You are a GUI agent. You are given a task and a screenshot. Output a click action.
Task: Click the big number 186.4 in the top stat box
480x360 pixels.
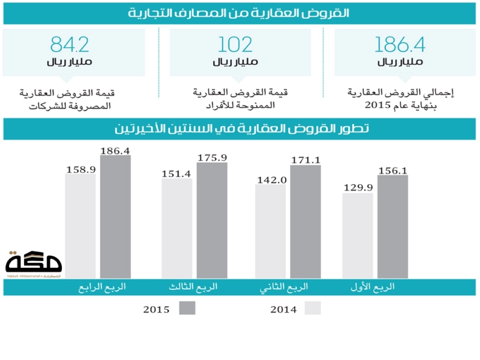[x=400, y=45]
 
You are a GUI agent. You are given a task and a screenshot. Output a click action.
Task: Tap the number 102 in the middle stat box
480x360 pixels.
[x=235, y=45]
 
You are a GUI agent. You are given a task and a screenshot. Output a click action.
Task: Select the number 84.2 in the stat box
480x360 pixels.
[x=70, y=45]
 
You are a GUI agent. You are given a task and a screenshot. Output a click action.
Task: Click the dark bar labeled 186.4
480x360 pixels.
[x=116, y=216]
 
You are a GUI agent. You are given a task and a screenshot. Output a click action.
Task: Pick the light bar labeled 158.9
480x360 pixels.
[x=80, y=226]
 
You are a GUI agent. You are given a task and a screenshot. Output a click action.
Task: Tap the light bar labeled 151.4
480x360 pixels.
[x=177, y=228]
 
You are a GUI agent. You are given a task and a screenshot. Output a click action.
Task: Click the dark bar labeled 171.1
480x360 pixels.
[x=306, y=221]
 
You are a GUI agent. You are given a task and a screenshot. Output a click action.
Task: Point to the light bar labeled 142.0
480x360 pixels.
[x=270, y=230]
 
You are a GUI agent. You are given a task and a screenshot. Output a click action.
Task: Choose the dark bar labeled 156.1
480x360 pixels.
[x=393, y=226]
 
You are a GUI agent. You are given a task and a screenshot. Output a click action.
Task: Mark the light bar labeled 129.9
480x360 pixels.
[x=358, y=235]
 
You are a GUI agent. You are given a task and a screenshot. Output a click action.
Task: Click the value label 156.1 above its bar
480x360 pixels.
[x=393, y=170]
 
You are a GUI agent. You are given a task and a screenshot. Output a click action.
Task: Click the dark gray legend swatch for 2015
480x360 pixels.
[x=187, y=308]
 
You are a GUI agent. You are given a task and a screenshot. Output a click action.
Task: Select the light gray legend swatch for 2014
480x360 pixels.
[x=313, y=308]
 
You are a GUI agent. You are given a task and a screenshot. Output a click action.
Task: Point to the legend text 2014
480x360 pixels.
[x=283, y=310]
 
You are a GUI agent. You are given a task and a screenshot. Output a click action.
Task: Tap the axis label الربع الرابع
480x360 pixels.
[x=102, y=287]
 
